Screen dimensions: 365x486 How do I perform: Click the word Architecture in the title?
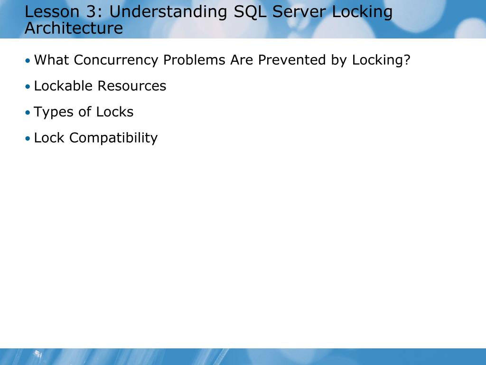point(74,29)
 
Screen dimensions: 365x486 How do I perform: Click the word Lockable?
point(63,86)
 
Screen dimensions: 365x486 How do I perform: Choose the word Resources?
point(132,86)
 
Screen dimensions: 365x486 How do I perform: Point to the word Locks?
point(115,112)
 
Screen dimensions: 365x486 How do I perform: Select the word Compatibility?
point(113,138)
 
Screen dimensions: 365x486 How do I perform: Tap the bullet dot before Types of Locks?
point(28,113)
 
